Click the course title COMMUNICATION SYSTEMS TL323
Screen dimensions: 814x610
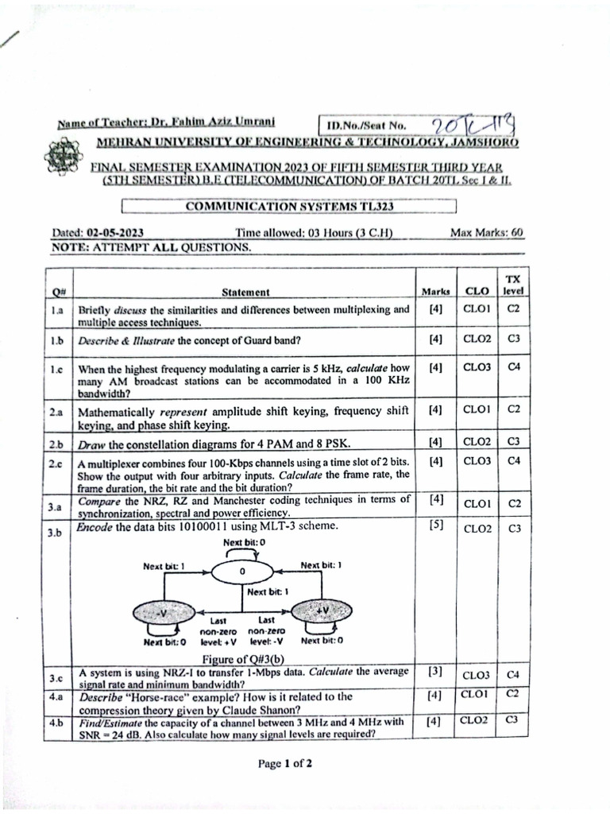[289, 207]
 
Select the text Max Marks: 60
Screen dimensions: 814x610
[486, 233]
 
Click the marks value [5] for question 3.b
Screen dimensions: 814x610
[435, 525]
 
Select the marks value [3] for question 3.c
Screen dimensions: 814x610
[435, 671]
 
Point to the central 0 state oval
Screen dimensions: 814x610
[242, 572]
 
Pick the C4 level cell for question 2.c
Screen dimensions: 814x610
[512, 460]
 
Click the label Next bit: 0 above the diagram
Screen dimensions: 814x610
[244, 542]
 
